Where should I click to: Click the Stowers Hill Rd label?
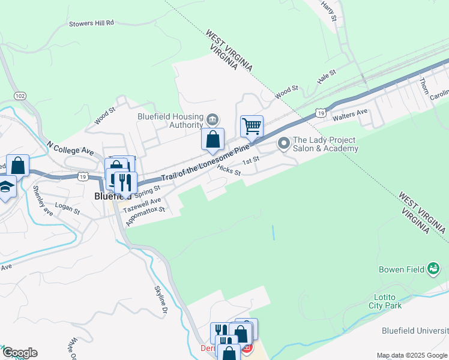click(91, 23)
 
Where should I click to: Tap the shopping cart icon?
click(252, 126)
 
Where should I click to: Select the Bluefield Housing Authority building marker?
click(212, 118)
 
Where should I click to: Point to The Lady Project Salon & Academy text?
click(325, 144)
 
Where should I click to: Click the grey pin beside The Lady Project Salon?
click(283, 143)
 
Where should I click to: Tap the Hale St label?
click(327, 76)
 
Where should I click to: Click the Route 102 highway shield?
click(20, 95)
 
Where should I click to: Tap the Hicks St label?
click(229, 171)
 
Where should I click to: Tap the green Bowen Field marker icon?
click(433, 269)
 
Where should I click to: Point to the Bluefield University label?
click(415, 331)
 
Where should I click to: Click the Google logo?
click(19, 353)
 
